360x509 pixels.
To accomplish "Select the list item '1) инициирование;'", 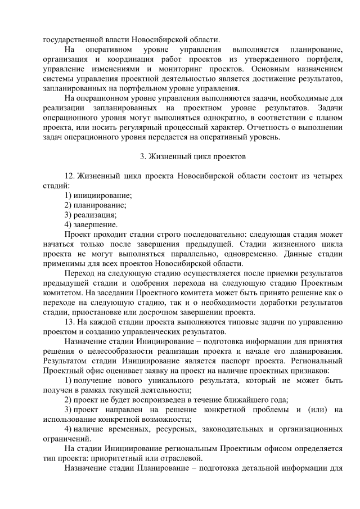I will pos(98,195).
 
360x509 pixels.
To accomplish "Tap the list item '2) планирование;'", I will pos(95,205).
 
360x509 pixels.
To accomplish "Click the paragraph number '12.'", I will pos(70,176).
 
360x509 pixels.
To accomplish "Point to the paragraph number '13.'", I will pos(70,322).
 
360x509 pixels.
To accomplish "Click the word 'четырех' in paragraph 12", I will pos(327,176).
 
